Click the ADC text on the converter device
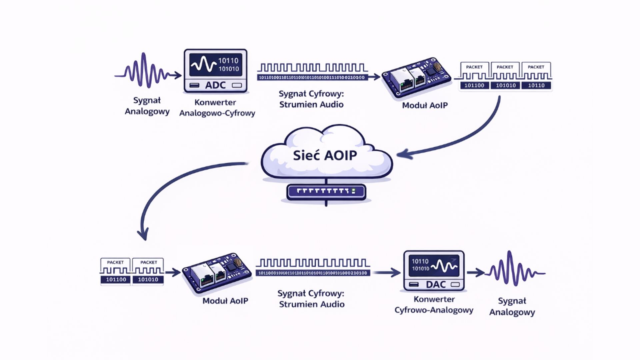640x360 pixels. [x=215, y=85]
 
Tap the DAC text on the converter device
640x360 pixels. [x=436, y=285]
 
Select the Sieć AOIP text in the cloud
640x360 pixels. [x=325, y=155]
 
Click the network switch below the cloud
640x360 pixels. [x=326, y=192]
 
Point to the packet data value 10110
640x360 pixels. [x=536, y=85]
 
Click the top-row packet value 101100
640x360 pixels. [x=474, y=85]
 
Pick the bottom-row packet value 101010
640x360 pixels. [x=148, y=279]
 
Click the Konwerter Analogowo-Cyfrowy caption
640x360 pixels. [x=217, y=108]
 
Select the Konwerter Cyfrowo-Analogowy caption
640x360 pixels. [x=434, y=305]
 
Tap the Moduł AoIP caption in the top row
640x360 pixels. [x=425, y=105]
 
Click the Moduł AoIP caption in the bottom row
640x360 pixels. [x=225, y=301]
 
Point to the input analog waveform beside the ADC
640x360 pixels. [x=142, y=71]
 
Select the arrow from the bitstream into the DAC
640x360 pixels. [x=387, y=273]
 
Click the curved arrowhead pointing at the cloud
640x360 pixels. [x=402, y=154]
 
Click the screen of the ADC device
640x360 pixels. [x=216, y=65]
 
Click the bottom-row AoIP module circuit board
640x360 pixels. [x=217, y=273]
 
